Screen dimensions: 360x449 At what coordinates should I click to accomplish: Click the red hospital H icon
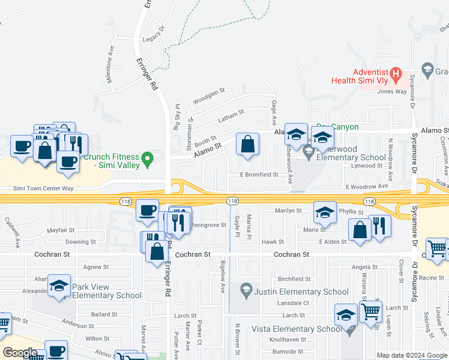pos(396,74)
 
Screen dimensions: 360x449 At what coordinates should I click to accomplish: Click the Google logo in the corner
pos(20,353)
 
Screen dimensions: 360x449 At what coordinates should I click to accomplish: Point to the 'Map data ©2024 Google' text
pos(412,355)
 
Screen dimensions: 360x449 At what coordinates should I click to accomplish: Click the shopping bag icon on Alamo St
pos(247,145)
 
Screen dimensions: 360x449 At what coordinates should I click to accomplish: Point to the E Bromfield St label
pos(259,175)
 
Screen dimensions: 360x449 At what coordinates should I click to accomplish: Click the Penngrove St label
pos(208,225)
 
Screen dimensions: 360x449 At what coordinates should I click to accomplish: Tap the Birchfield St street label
pos(294,279)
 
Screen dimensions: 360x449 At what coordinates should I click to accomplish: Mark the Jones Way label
pos(392,92)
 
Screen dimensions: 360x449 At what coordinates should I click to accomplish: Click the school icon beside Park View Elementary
pos(59,286)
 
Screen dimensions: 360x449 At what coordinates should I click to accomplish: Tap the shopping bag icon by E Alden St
pos(360,230)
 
